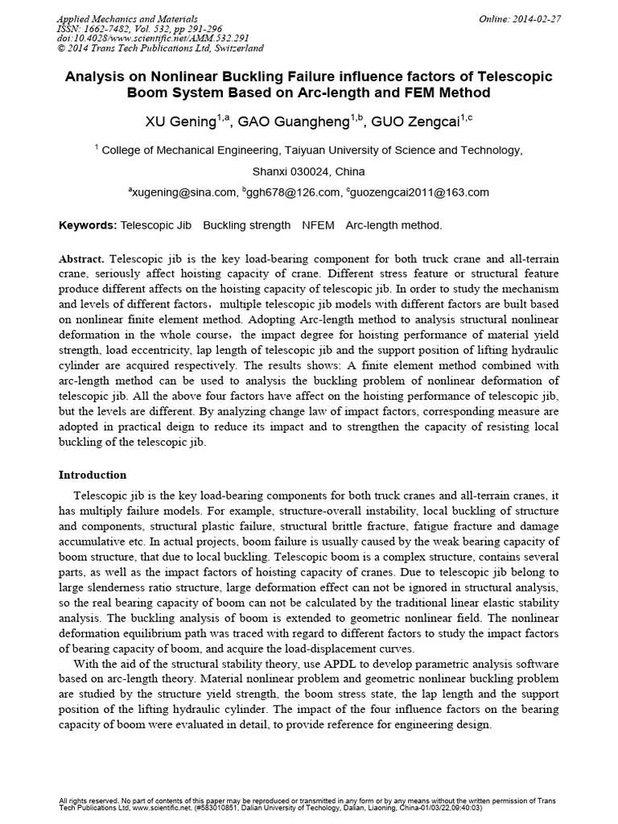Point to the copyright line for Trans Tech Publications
(162, 48)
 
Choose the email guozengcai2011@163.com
(419, 192)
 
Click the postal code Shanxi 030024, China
(308, 171)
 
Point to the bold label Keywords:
(88, 226)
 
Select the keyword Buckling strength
(246, 226)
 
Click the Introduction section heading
(93, 475)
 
